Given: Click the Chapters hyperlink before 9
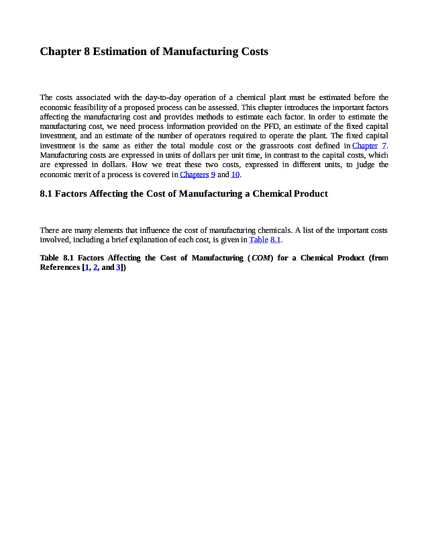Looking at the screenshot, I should [x=194, y=175].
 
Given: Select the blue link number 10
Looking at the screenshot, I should [x=235, y=175].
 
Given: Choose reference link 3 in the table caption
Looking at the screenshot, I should [x=118, y=267].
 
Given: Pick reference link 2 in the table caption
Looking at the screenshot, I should [x=95, y=267].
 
